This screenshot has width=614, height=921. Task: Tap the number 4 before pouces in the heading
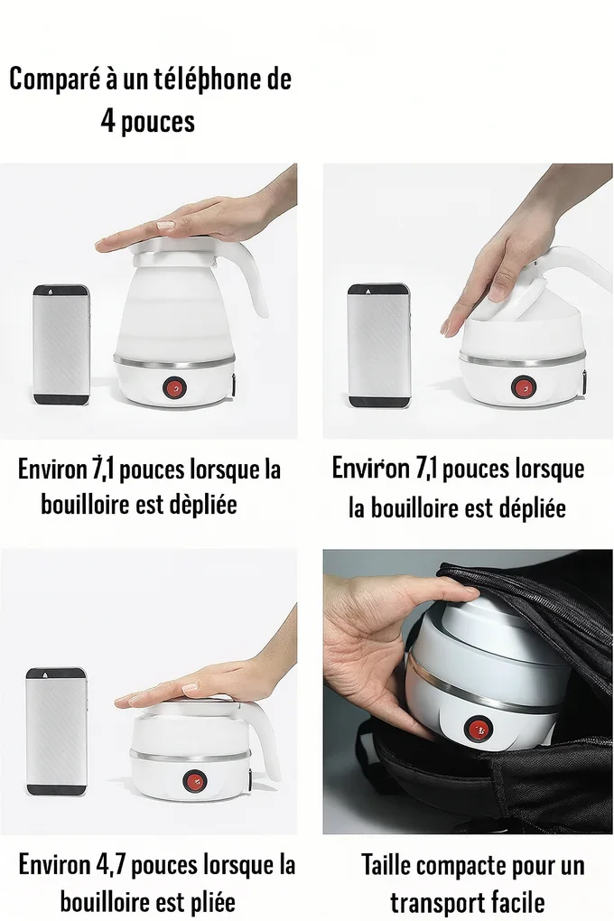[x=107, y=121]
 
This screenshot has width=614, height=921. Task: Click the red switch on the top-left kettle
[x=174, y=387]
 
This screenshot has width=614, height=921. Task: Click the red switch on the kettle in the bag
[x=473, y=728]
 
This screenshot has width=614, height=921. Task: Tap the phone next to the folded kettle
[x=57, y=731]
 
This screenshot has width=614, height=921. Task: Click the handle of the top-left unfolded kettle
[x=255, y=279]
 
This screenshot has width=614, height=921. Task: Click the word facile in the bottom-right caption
[x=517, y=901]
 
